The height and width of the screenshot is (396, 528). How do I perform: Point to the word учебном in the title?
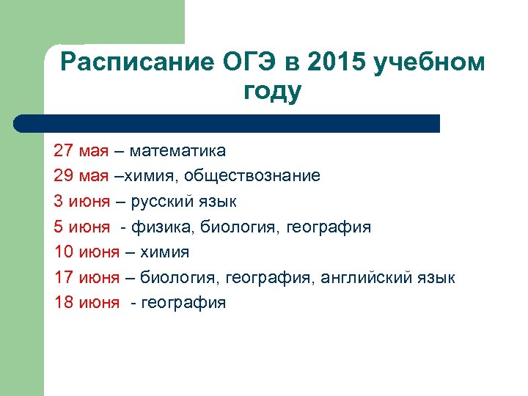429,63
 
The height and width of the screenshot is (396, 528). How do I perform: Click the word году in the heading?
271,92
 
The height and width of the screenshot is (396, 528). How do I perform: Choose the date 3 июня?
82,202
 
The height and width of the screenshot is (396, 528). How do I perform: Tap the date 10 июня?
87,252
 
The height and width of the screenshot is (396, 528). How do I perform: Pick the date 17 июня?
87,278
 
